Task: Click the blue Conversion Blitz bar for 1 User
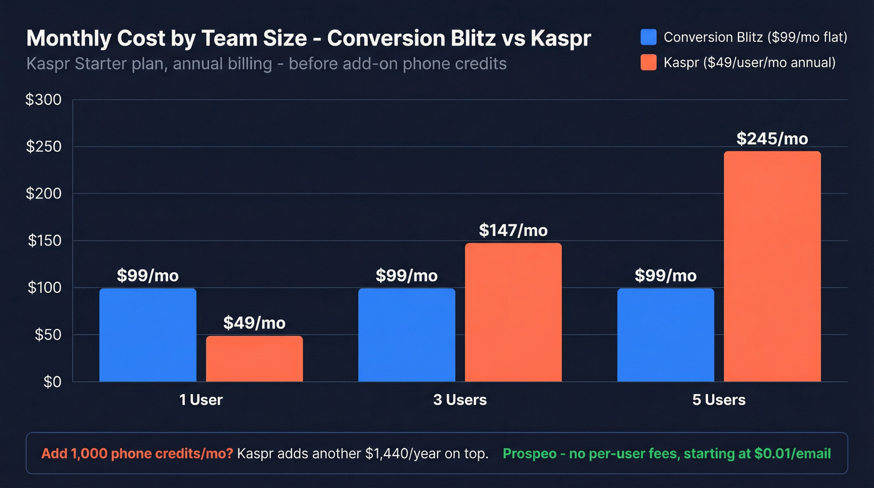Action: [147, 335]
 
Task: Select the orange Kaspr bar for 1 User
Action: [254, 359]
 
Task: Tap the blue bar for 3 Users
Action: [406, 335]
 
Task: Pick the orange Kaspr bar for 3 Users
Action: [513, 312]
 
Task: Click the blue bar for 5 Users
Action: [665, 335]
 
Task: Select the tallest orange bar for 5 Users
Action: [772, 266]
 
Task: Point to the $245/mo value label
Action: [772, 138]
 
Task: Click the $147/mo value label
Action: [513, 230]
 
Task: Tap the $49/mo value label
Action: [254, 323]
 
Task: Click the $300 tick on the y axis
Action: [43, 100]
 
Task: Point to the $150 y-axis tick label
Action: [43, 241]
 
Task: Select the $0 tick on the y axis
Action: [52, 382]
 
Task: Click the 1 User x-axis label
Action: [201, 400]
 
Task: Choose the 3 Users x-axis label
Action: [460, 400]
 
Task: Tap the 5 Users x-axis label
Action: [719, 400]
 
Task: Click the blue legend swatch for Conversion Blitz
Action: [649, 37]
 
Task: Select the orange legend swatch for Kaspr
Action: [649, 62]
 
